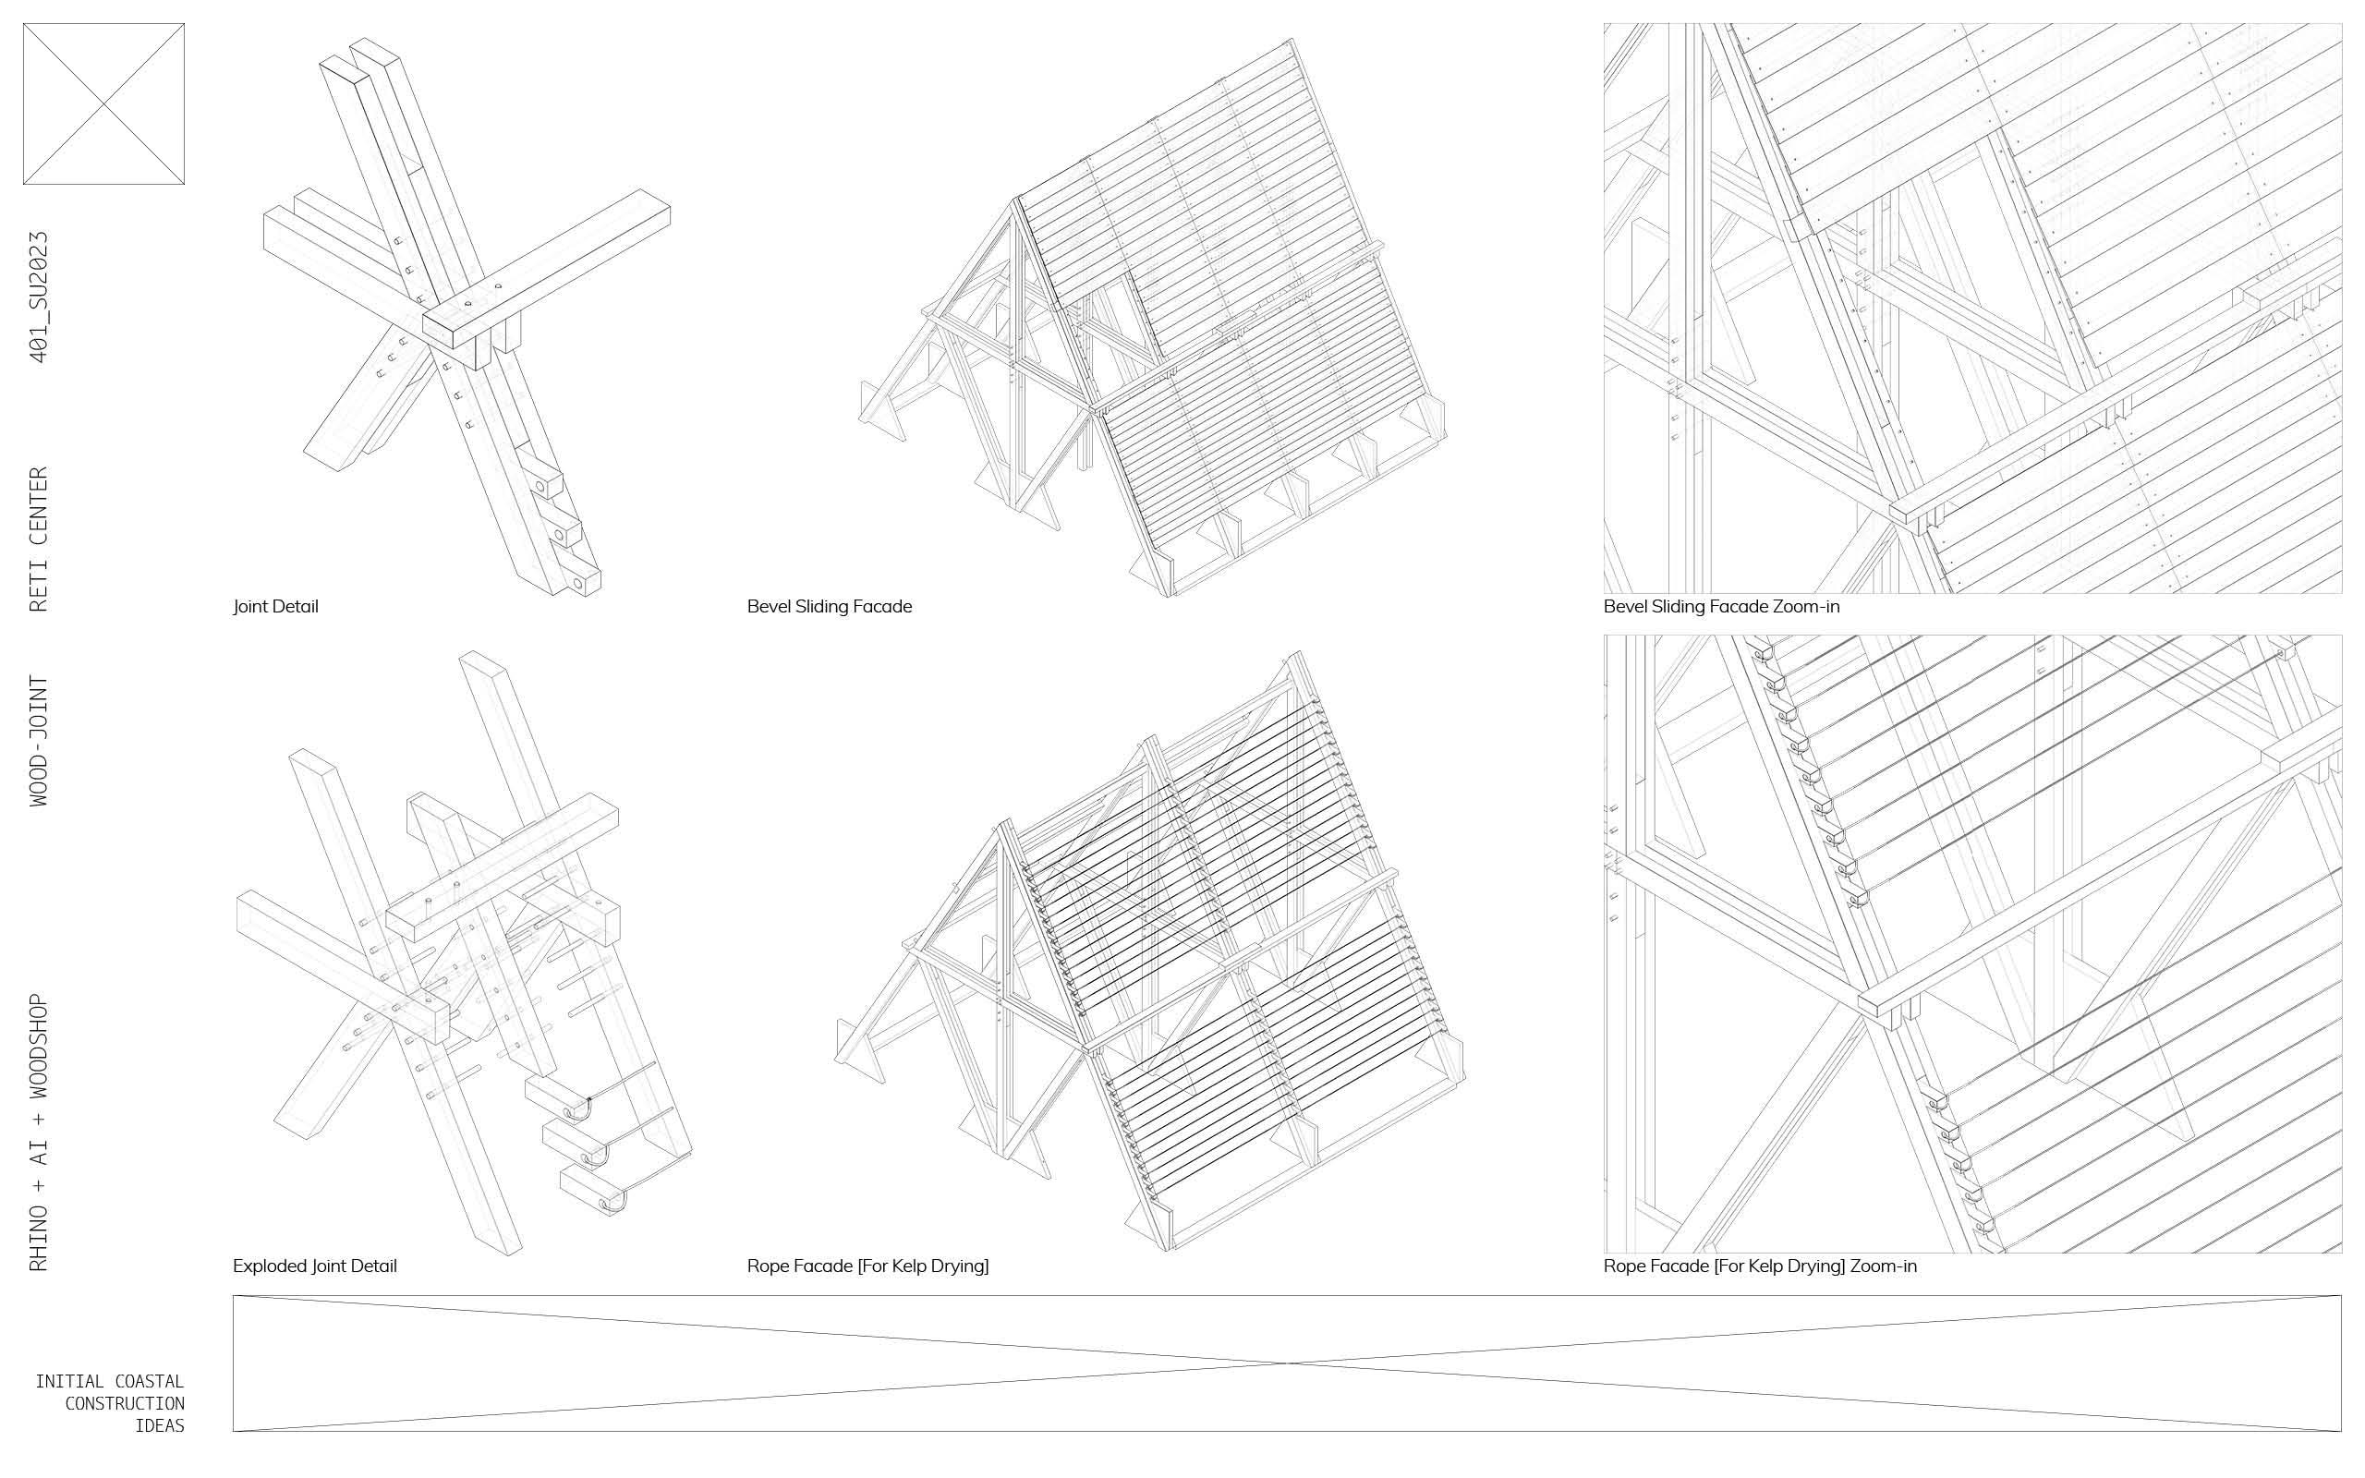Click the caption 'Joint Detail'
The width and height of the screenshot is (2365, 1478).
(275, 607)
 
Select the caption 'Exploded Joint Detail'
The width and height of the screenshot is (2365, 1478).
(315, 1266)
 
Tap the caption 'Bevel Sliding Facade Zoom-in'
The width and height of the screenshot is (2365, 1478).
(1721, 607)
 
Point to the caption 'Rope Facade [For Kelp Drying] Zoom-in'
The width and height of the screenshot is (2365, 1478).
(1760, 1266)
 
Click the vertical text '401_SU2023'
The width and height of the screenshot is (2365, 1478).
(39, 297)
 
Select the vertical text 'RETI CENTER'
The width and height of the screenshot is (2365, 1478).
(39, 539)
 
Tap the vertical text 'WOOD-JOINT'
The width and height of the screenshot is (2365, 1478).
(39, 740)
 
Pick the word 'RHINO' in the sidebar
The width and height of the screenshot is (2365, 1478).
(39, 1237)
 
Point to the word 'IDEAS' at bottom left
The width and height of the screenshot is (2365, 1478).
(159, 1425)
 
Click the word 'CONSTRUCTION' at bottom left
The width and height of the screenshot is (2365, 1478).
(124, 1404)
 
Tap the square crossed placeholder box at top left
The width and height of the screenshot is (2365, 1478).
(103, 103)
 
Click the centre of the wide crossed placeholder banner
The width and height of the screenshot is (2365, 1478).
(1287, 1363)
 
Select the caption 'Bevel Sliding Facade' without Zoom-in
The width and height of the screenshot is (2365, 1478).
(830, 607)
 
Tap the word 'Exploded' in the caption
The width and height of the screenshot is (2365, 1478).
(269, 1266)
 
